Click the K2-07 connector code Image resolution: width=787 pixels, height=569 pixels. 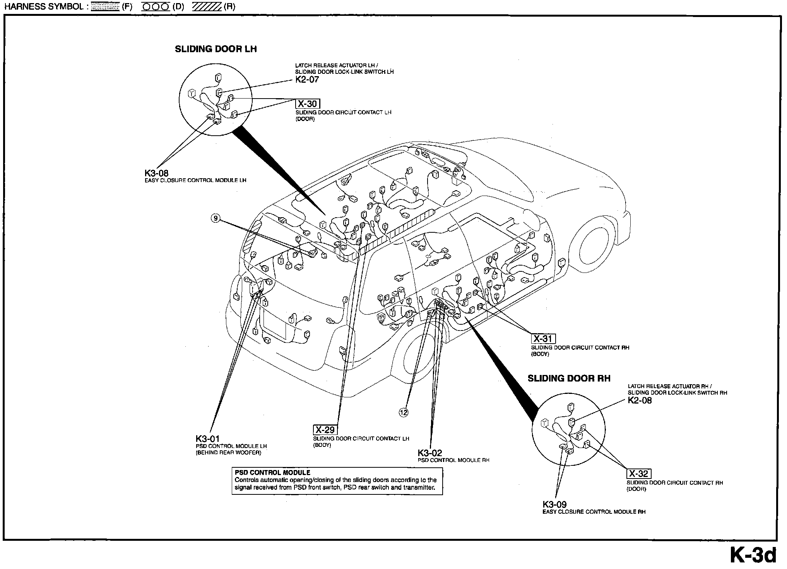[307, 80]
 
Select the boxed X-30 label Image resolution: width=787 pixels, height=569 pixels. [308, 104]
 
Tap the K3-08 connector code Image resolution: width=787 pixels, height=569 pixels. [156, 174]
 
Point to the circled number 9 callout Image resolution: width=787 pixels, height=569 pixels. [216, 219]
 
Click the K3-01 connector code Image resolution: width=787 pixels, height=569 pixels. [207, 439]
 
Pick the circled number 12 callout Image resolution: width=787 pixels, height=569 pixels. [404, 412]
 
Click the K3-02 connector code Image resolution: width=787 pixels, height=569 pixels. [429, 453]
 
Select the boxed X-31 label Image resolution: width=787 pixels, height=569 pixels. [543, 339]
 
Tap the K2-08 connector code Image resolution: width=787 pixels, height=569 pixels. [640, 400]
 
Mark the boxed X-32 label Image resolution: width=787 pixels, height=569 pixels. [638, 474]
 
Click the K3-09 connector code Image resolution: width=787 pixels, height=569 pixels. [554, 504]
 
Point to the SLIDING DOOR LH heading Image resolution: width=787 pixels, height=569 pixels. [216, 49]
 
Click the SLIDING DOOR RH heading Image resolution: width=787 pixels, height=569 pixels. [569, 378]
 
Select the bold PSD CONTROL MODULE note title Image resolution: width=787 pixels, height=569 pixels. [272, 472]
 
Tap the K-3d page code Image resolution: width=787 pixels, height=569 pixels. [753, 555]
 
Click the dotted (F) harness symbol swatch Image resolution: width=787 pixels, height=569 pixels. [105, 7]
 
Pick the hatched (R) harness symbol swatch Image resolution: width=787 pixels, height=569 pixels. [207, 7]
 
